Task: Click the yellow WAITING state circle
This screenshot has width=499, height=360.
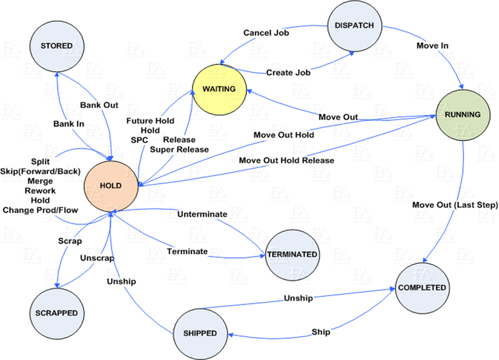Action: (x=218, y=89)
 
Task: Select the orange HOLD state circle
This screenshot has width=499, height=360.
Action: (x=110, y=185)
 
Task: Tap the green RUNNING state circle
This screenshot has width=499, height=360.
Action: (x=462, y=115)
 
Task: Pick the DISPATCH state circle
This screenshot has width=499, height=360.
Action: (x=355, y=27)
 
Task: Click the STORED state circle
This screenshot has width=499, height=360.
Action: (x=57, y=46)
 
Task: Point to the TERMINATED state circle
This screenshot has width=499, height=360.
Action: (x=292, y=255)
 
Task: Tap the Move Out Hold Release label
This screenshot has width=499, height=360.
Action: (x=286, y=161)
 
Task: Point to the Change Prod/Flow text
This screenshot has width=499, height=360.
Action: (x=41, y=210)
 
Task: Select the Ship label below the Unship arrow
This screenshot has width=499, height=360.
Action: (x=321, y=331)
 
